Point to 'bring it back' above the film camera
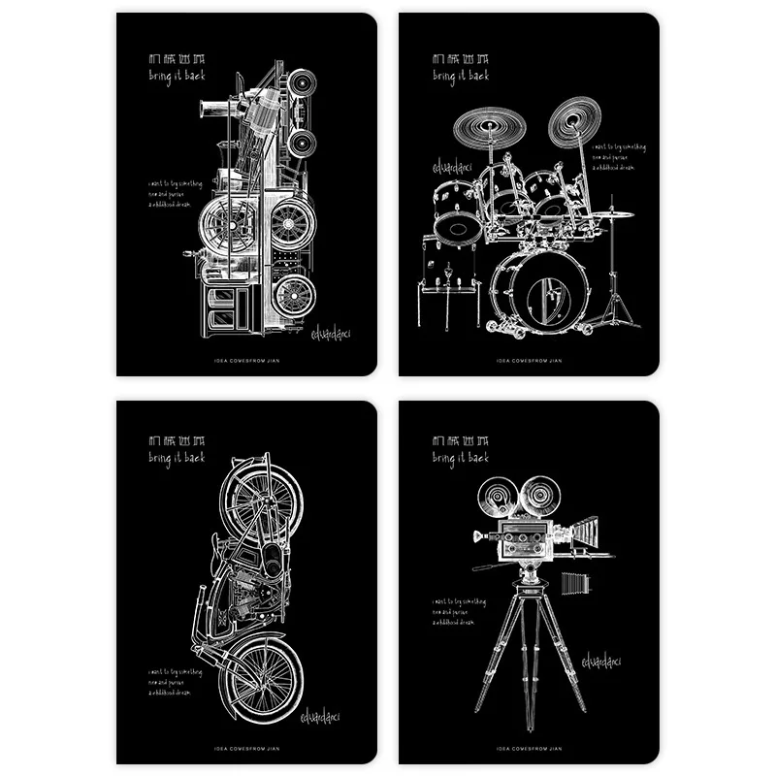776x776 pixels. tap(460, 456)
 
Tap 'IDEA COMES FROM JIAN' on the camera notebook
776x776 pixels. tap(530, 748)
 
